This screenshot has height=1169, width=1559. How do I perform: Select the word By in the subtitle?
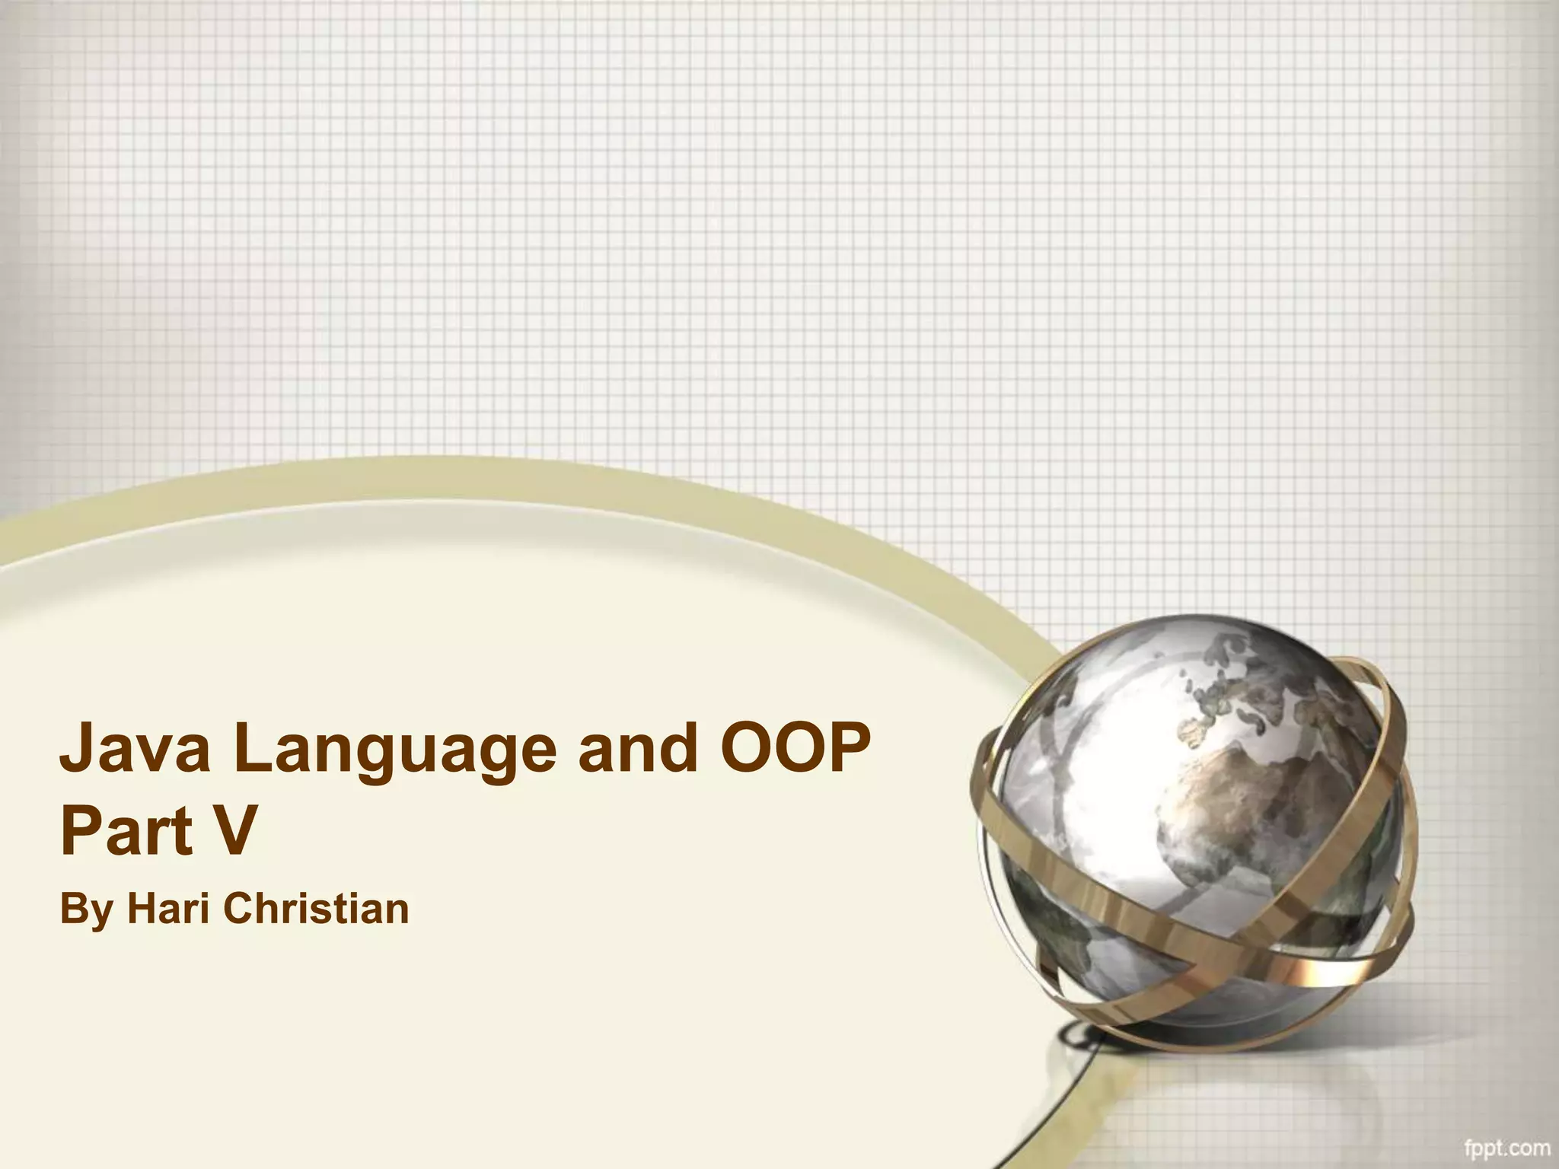point(87,911)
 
